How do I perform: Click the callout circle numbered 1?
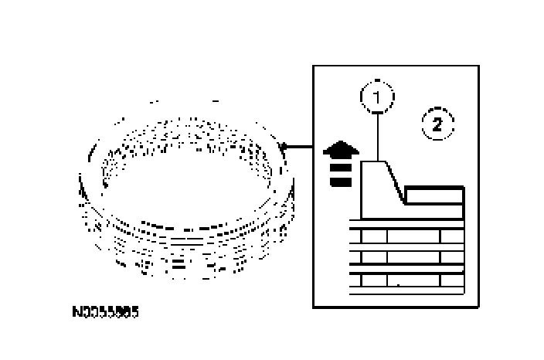pos(377,98)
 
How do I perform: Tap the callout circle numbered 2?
pos(437,124)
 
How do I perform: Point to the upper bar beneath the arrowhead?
pos(338,168)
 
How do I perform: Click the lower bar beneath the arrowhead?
pos(338,182)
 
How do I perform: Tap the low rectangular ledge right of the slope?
pos(434,196)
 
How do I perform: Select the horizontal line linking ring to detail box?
pos(298,145)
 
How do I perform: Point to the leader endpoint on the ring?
pos(285,145)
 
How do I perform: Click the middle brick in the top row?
pos(413,236)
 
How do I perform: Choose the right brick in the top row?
pos(452,236)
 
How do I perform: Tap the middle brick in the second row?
pos(413,256)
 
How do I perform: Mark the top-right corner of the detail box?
pos(478,66)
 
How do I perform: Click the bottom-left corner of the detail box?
pos(313,307)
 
